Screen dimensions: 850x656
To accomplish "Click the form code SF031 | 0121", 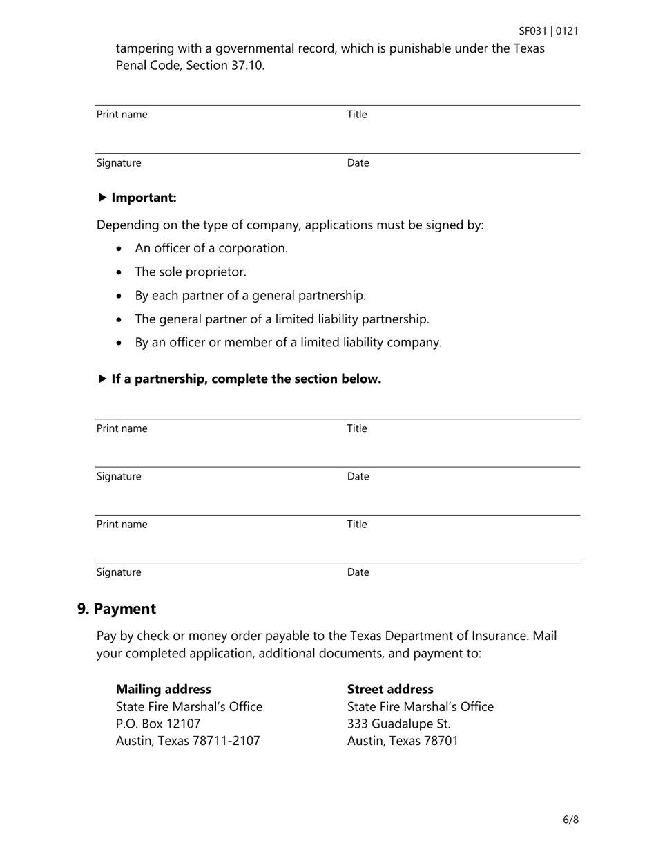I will (548, 31).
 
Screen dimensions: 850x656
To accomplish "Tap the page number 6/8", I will (570, 820).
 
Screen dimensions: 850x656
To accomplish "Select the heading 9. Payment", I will (117, 609).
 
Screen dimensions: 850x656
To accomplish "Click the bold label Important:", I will (144, 198).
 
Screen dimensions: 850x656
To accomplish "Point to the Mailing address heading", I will (164, 689).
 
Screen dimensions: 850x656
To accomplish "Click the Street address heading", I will (390, 689).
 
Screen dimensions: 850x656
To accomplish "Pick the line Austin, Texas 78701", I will (403, 741).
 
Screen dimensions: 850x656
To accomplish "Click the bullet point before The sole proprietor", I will (120, 272).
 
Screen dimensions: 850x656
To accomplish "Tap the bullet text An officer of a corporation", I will (211, 248).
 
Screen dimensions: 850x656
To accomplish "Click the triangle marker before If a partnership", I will (102, 379).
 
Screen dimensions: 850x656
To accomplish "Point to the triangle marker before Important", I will (102, 198).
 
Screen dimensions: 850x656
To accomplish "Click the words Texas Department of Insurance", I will (438, 636).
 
